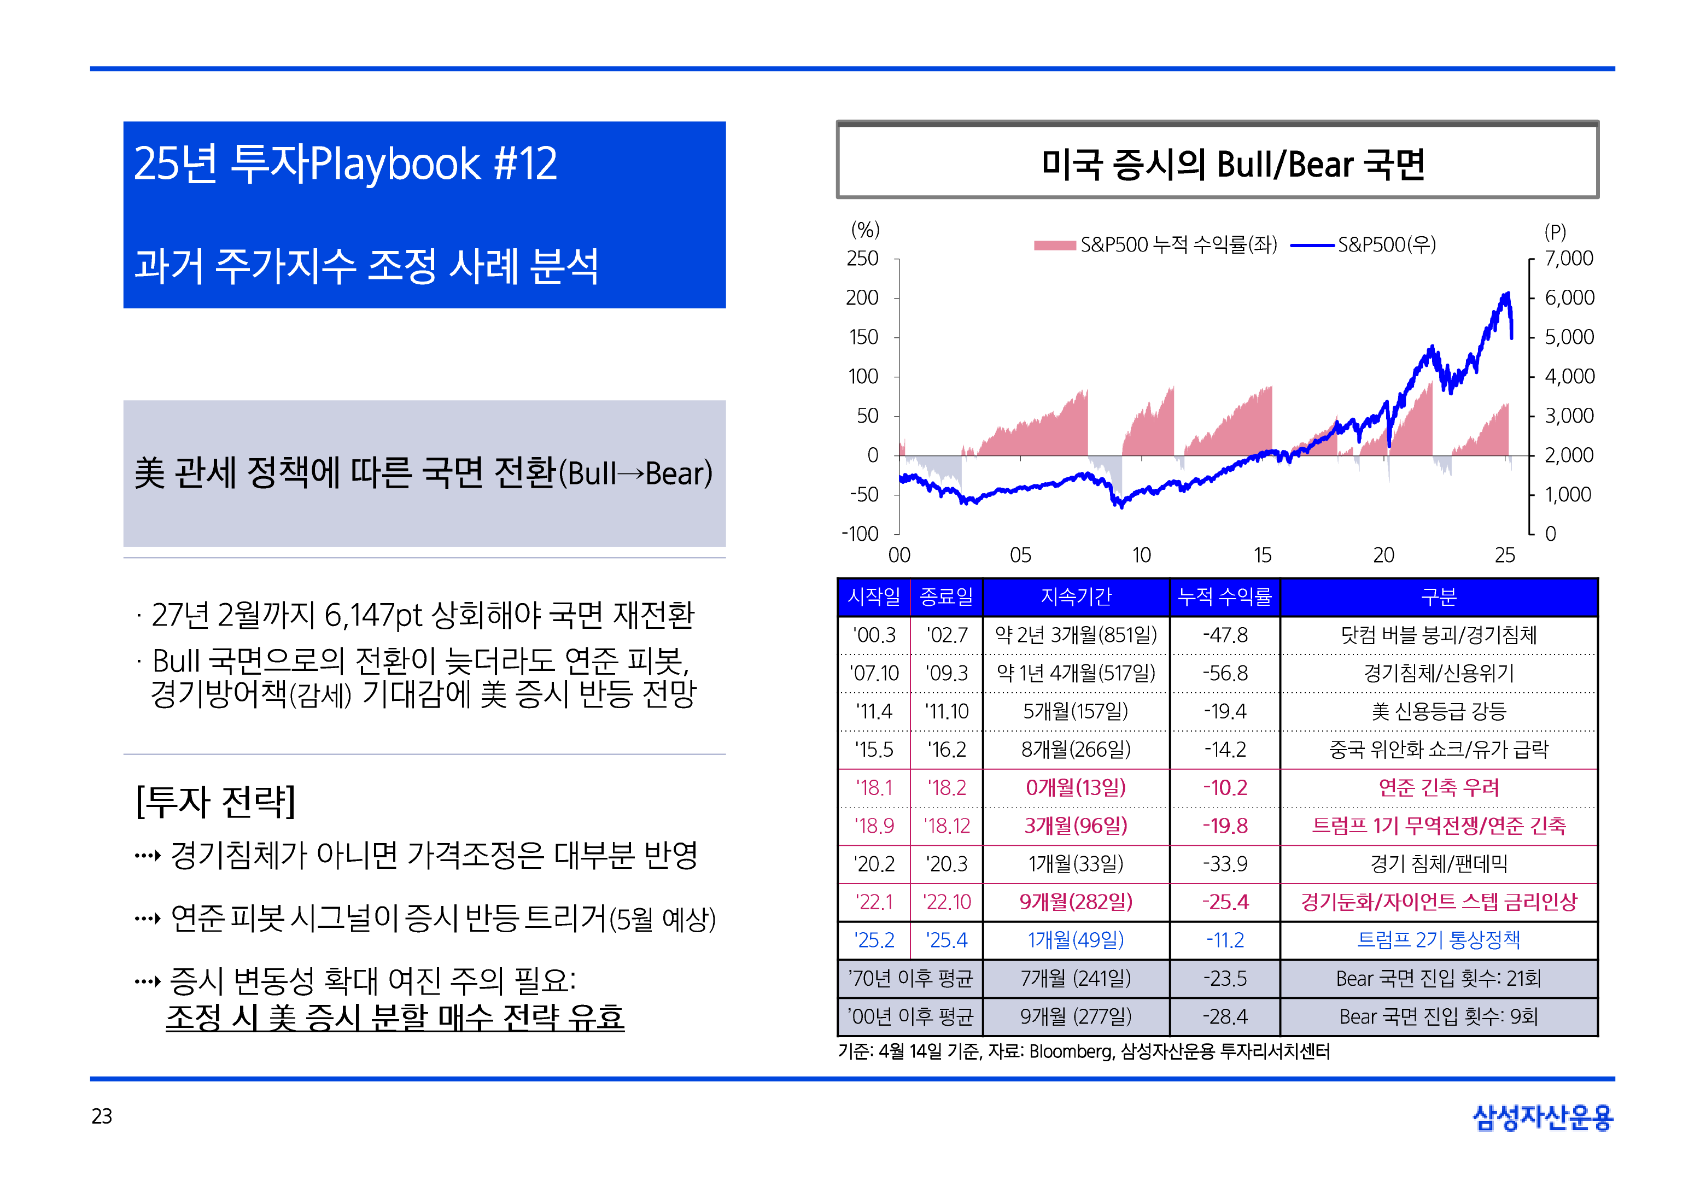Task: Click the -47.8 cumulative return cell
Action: tap(1224, 635)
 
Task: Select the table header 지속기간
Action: tap(1076, 597)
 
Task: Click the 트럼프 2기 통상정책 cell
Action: tap(1438, 940)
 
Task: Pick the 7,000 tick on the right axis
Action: tap(1568, 258)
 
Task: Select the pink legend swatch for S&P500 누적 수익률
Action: tap(1054, 245)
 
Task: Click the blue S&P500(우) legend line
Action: tap(1312, 245)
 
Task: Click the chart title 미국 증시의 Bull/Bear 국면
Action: tap(1232, 163)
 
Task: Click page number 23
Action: tap(102, 1116)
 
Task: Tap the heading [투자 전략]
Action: tap(216, 802)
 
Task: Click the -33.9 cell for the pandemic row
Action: tap(1224, 863)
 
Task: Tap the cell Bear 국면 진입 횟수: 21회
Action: tap(1438, 978)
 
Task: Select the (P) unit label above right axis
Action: tap(1555, 232)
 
